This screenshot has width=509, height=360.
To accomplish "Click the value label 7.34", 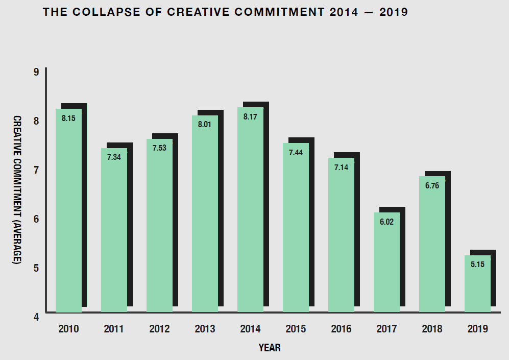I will click(114, 157).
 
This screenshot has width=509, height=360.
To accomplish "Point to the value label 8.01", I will click(205, 124).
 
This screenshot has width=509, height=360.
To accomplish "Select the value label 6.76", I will click(432, 185).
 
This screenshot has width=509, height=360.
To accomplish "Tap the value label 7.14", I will click(341, 167).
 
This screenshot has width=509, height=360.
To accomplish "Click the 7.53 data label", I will click(159, 148).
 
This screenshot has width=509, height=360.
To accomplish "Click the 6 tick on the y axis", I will click(36, 219).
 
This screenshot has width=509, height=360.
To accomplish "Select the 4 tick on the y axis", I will click(36, 317).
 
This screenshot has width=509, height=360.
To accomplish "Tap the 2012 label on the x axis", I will click(159, 329).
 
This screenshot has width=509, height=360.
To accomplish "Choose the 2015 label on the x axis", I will click(296, 329).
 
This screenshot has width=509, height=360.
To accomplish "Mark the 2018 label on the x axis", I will click(432, 329).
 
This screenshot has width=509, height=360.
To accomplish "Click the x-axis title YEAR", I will click(270, 348).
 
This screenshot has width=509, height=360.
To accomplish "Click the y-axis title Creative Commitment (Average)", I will click(17, 189).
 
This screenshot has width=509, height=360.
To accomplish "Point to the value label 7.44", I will click(296, 152).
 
